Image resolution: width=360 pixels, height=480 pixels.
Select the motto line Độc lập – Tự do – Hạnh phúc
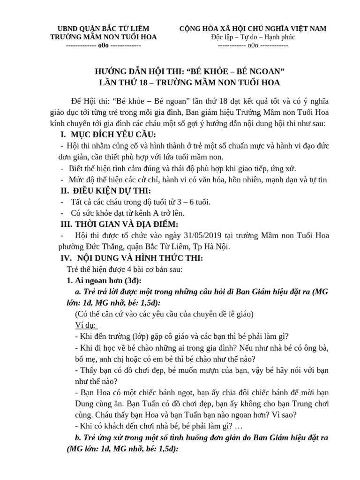click(x=253, y=37)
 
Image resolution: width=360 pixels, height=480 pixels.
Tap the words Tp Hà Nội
click(x=215, y=247)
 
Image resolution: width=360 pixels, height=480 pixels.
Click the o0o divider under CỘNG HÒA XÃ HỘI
click(x=253, y=46)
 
